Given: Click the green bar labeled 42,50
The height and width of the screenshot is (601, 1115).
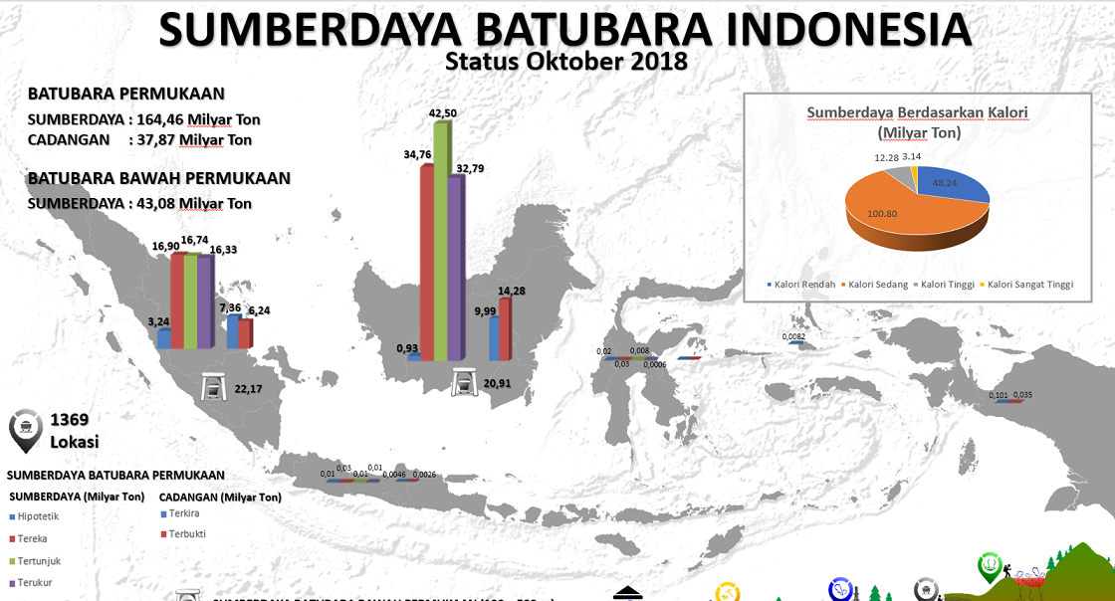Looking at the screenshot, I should (440, 239).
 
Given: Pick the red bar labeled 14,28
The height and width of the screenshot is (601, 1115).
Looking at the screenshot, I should (505, 328).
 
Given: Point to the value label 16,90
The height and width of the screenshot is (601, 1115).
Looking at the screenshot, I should (166, 246).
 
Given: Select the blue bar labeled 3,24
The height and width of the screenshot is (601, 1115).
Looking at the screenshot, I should (163, 338).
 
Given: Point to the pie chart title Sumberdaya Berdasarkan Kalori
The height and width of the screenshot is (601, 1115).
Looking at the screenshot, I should (917, 112).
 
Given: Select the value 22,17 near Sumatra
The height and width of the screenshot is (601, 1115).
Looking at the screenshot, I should (248, 387).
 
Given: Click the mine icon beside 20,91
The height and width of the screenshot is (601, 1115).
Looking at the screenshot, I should (463, 382).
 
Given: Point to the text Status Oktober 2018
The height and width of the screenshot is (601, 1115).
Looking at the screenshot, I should (566, 61).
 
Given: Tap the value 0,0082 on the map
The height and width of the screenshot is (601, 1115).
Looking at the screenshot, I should (794, 336).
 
